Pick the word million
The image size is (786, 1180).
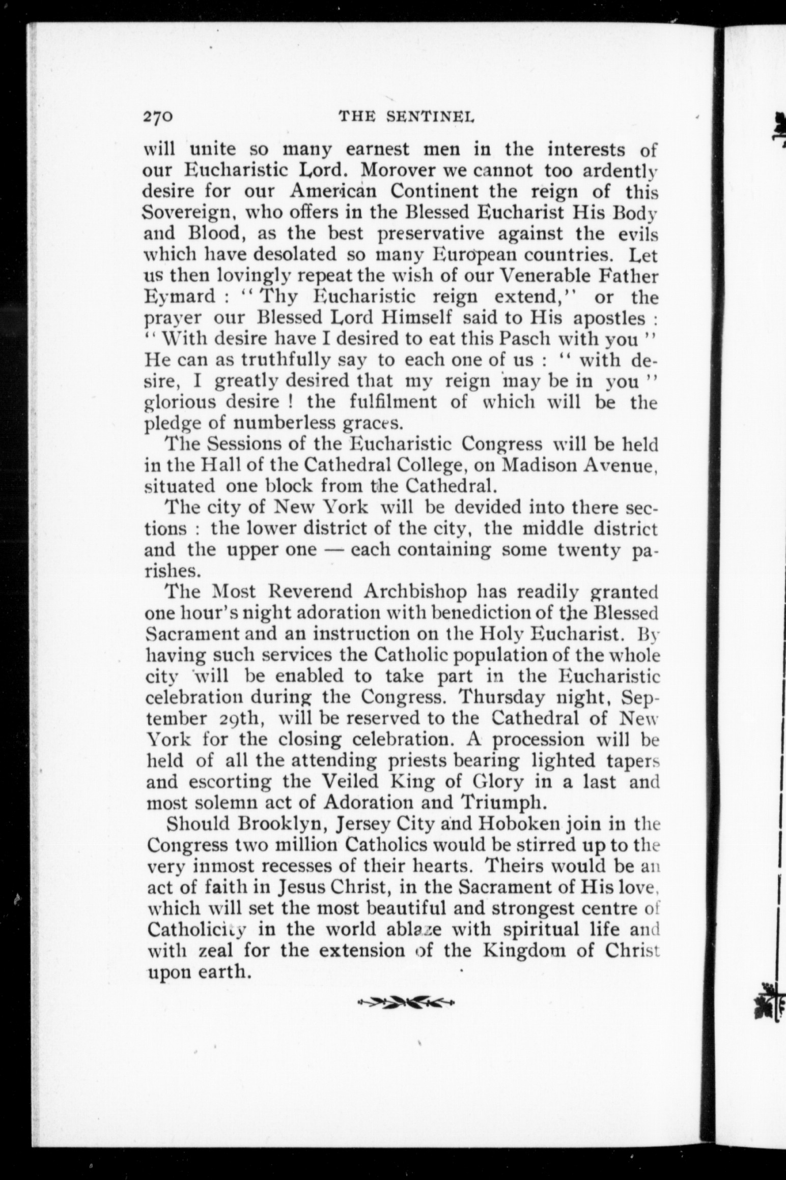tap(300, 844)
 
